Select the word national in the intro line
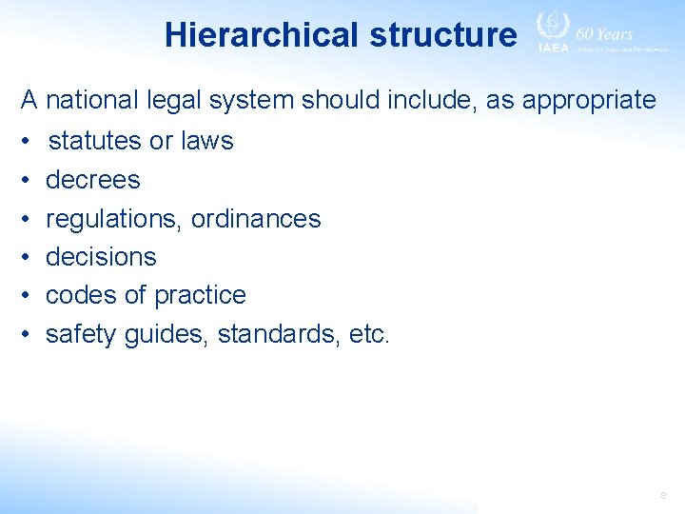[x=91, y=100]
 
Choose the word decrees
[x=93, y=179]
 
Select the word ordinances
[x=257, y=218]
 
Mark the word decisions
[x=101, y=257]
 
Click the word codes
[x=82, y=295]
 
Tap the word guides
[x=166, y=334]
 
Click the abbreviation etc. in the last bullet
[x=368, y=334]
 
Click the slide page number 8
[x=663, y=496]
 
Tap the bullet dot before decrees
[x=28, y=180]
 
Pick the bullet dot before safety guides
[x=28, y=335]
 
